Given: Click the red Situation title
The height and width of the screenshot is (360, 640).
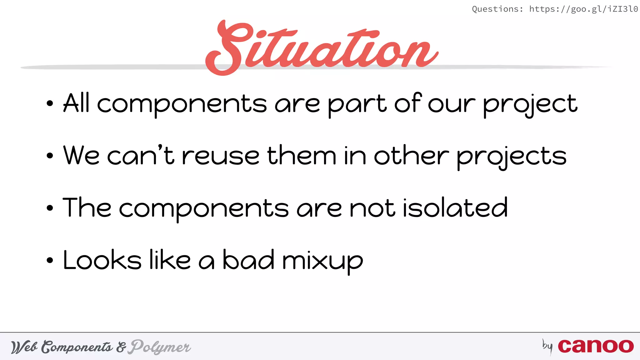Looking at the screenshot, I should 322,47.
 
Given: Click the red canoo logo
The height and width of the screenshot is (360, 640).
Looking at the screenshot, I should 596,346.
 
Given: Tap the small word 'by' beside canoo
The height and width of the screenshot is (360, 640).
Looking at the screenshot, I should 547,346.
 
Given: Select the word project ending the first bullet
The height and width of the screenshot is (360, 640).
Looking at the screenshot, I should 530,104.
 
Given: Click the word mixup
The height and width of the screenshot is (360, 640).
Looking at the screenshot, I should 322,261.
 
